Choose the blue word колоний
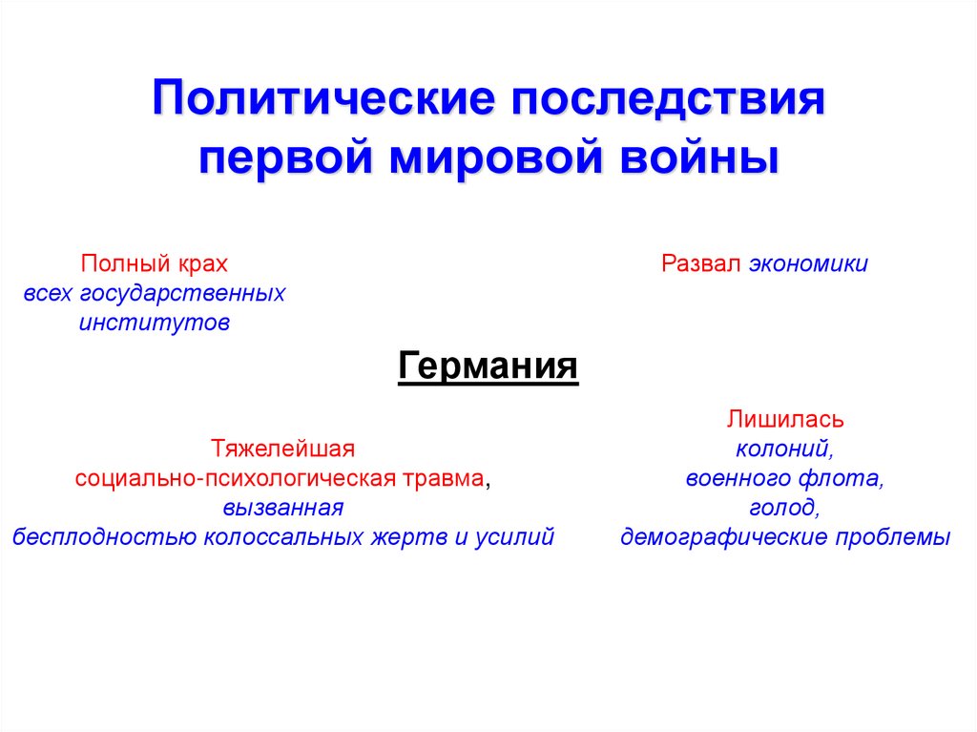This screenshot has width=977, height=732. tap(784, 449)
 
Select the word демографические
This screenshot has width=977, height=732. tap(724, 537)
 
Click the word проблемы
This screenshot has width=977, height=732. tap(893, 537)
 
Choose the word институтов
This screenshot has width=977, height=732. tap(155, 323)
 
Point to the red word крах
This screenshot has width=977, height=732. tap(202, 264)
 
